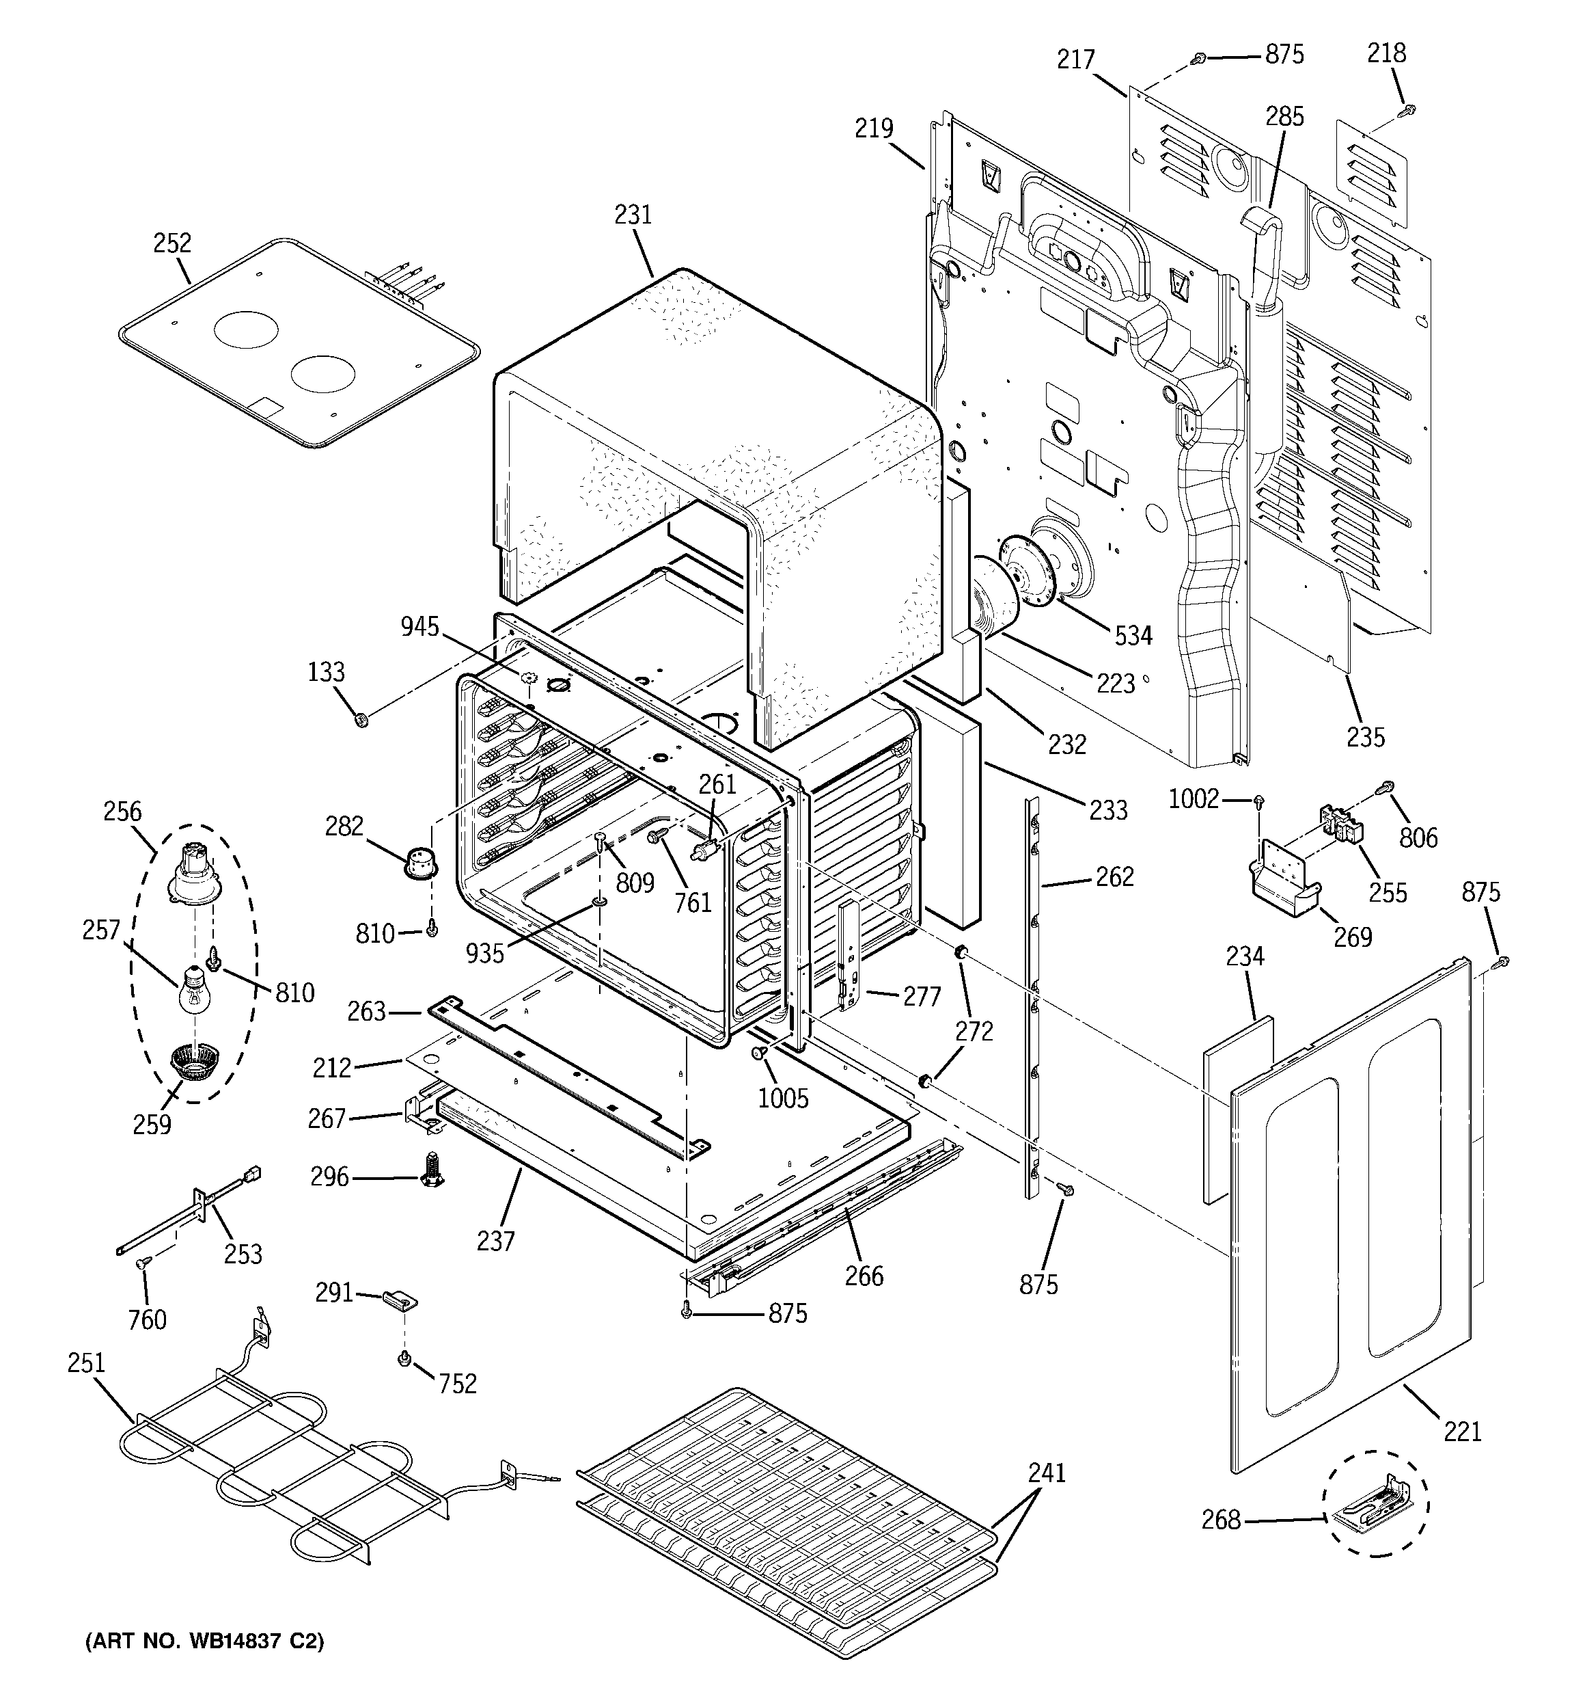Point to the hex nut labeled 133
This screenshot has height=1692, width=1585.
pos(360,721)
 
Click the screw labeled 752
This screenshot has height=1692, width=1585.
pos(405,1359)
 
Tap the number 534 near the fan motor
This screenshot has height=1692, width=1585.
pos(1133,635)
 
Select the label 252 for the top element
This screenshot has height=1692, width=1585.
pos(172,243)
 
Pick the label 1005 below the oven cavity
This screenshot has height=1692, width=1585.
pos(783,1098)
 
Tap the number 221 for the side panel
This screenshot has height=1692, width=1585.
pos(1463,1432)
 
